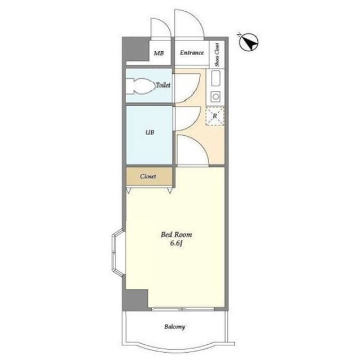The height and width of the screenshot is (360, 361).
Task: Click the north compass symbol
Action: (249, 42)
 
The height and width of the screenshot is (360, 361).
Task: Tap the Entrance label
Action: (192, 52)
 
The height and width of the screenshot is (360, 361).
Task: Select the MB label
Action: (159, 54)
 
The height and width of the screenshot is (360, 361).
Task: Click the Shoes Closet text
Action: (217, 55)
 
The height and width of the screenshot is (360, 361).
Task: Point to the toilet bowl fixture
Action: (140, 86)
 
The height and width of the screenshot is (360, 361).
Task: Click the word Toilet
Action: (163, 85)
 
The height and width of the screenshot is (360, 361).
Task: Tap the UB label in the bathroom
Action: (149, 132)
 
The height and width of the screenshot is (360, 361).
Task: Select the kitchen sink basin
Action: (215, 78)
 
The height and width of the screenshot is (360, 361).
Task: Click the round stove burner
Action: (215, 96)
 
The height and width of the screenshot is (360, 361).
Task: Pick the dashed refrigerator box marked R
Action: (215, 116)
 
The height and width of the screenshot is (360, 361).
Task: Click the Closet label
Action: (148, 176)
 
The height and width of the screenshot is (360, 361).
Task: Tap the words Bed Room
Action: (177, 235)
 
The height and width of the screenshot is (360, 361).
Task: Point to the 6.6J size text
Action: (177, 244)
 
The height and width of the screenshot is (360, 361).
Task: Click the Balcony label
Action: (175, 327)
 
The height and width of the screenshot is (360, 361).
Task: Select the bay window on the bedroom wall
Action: (118, 252)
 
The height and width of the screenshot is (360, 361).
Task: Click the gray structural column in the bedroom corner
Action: (135, 300)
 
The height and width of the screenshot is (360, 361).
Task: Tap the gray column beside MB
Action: (135, 49)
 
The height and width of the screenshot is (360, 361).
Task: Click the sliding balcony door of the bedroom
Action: (183, 309)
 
